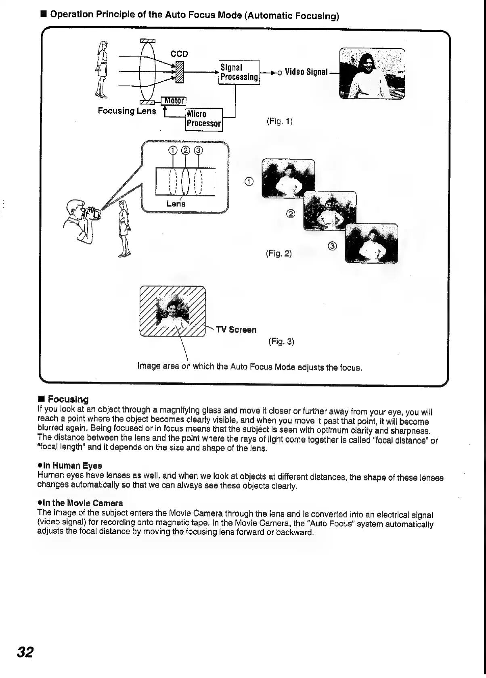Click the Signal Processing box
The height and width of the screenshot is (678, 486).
[x=239, y=72]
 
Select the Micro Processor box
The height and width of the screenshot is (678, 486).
[x=204, y=119]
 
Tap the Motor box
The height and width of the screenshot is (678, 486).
[x=173, y=100]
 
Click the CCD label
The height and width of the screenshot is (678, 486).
[x=179, y=54]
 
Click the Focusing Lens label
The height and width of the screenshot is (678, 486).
[x=127, y=111]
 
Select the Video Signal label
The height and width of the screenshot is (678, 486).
[x=306, y=72]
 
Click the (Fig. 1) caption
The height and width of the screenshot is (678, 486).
[x=279, y=121]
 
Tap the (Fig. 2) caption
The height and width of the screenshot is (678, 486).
[x=279, y=253]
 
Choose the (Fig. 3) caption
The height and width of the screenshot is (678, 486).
[x=281, y=342]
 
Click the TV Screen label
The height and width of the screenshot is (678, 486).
[x=236, y=330]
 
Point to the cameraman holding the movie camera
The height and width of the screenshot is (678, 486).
[x=81, y=220]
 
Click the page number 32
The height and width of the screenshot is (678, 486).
[x=25, y=652]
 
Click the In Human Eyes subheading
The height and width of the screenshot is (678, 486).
[x=69, y=465]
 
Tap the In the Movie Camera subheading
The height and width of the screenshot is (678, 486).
[x=80, y=503]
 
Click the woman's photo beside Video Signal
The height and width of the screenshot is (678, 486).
[x=372, y=73]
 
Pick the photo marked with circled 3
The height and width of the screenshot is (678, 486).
[x=371, y=243]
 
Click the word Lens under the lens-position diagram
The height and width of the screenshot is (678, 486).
[x=176, y=204]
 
